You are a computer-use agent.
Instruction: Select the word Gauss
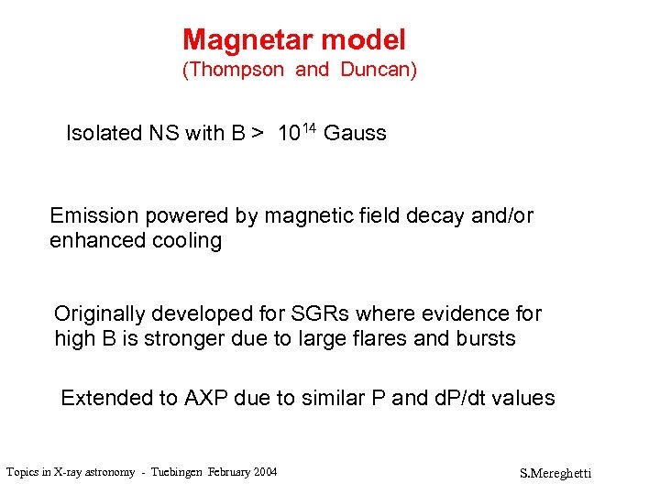coord(356,134)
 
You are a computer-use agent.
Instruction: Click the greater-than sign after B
coord(258,134)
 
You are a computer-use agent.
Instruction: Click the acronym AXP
coord(210,399)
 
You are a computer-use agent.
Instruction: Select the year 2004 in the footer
coord(262,472)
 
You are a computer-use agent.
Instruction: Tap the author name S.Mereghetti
coord(556,474)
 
